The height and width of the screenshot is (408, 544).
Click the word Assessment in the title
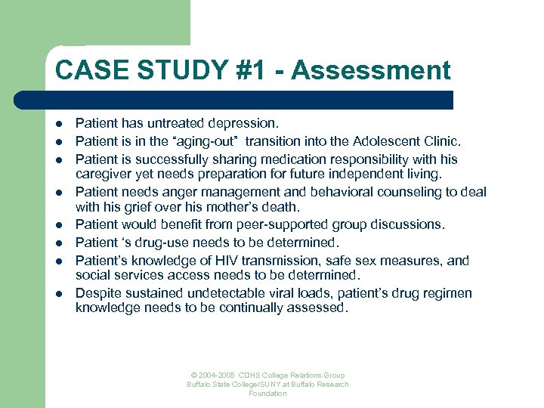point(370,70)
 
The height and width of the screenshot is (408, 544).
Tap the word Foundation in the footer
point(267,394)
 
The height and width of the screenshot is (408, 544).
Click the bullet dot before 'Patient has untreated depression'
point(58,122)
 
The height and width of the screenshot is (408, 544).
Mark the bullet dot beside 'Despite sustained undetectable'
point(58,294)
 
